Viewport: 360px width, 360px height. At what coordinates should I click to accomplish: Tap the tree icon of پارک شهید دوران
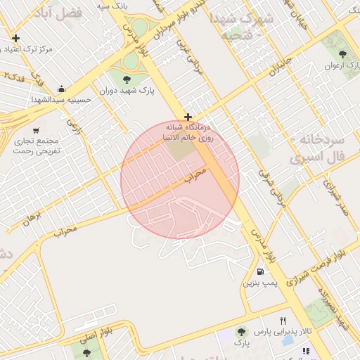coord(127,79)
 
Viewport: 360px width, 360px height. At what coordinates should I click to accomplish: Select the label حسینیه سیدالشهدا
coord(62,101)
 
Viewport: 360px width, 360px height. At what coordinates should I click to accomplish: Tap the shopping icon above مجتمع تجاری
coord(38,130)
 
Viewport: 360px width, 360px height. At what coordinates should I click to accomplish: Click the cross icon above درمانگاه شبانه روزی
coord(188,117)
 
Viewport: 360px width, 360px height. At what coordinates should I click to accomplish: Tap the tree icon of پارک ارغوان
coord(342,53)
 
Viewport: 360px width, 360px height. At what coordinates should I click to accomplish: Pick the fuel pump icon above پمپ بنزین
coord(261,271)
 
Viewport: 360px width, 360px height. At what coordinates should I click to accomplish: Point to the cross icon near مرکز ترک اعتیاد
coord(15,38)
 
